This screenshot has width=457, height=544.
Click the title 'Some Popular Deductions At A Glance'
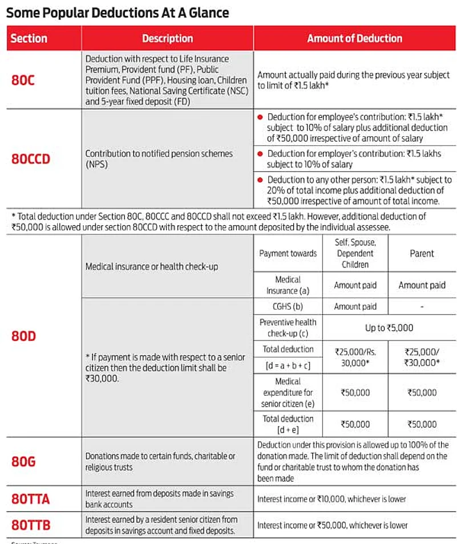[117, 12]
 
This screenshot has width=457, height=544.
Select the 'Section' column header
[29, 39]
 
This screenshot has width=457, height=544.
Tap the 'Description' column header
[167, 39]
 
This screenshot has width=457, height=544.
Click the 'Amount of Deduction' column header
[354, 39]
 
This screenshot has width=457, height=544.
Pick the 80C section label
[23, 80]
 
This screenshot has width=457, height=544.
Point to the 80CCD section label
[31, 159]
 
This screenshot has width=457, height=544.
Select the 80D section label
[23, 336]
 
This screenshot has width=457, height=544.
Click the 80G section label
[23, 461]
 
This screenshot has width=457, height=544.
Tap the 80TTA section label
[30, 499]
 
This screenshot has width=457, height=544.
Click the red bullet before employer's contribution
[260, 154]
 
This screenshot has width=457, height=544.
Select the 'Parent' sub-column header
[422, 253]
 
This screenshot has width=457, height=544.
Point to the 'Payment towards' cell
[288, 253]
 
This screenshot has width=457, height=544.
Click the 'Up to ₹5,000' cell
[389, 328]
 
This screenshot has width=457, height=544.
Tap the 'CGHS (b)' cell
[288, 306]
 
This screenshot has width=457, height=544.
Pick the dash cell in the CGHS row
[422, 306]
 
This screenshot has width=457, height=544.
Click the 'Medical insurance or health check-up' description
[151, 266]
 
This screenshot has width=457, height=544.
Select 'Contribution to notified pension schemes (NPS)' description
[159, 159]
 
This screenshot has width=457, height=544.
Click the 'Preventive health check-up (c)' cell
[288, 328]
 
